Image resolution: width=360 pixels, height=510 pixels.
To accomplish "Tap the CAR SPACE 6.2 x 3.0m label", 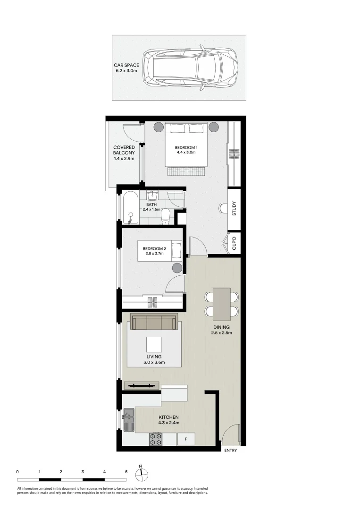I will pyautogui.click(x=126, y=68).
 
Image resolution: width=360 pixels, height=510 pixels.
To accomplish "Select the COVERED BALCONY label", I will pyautogui.click(x=124, y=153).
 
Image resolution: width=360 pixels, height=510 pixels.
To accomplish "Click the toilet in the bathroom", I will pyautogui.click(x=165, y=216).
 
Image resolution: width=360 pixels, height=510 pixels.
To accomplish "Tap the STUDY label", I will pyautogui.click(x=234, y=209).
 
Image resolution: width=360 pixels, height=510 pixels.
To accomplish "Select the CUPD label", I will pyautogui.click(x=234, y=244).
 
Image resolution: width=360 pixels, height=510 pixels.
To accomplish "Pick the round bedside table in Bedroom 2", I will pyautogui.click(x=177, y=268).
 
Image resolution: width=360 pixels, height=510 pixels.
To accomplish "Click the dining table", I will pyautogui.click(x=221, y=303).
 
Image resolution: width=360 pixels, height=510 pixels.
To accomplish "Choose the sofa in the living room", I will pyautogui.click(x=154, y=323).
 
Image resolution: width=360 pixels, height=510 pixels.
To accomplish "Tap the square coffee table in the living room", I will pyautogui.click(x=154, y=344).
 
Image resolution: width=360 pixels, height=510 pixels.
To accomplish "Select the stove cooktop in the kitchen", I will pyautogui.click(x=156, y=439).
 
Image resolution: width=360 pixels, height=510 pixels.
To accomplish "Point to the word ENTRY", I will pyautogui.click(x=230, y=450).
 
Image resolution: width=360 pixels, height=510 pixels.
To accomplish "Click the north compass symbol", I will pyautogui.click(x=141, y=472).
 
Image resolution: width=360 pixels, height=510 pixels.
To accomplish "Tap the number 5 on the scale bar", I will pyautogui.click(x=126, y=471).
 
